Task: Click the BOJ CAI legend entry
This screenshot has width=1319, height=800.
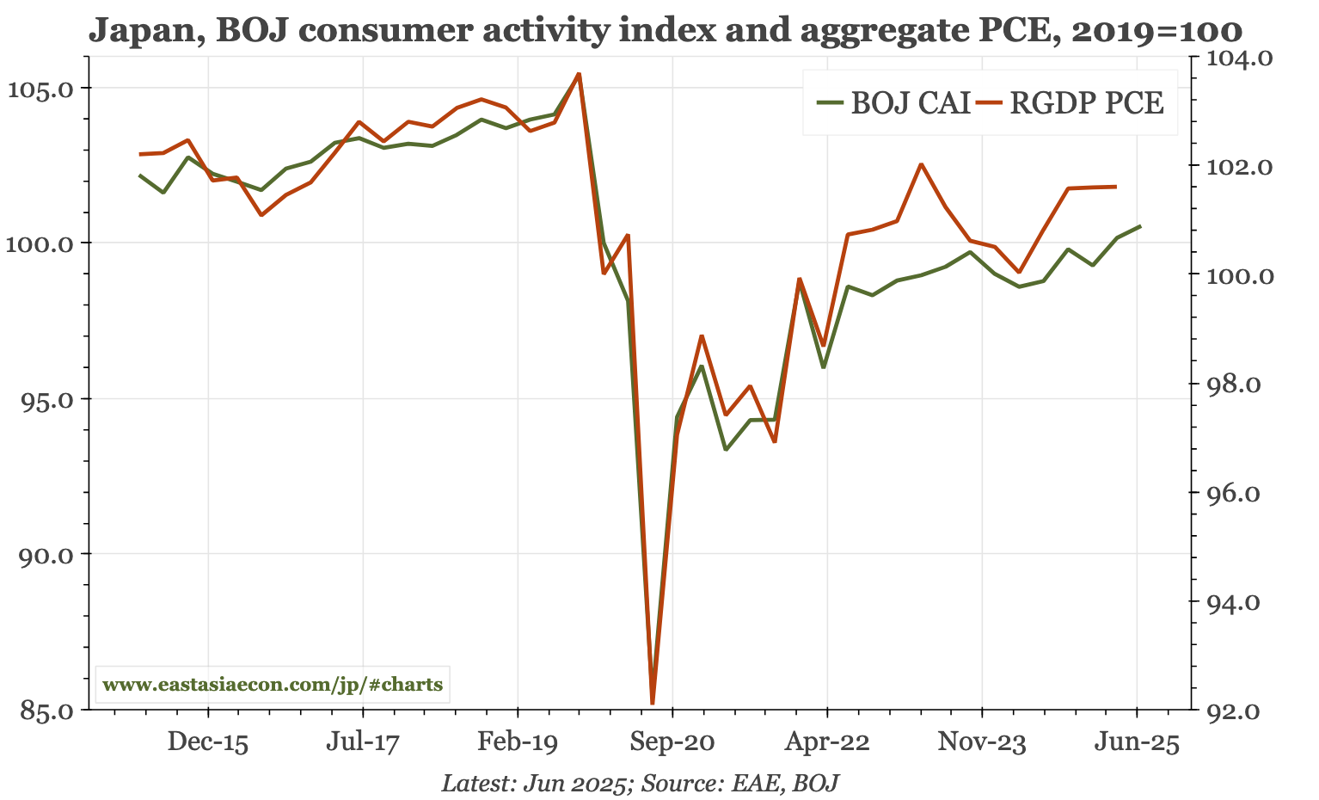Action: click(x=894, y=103)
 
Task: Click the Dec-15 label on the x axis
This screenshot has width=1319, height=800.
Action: click(x=208, y=742)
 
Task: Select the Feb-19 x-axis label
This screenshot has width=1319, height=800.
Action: click(x=518, y=742)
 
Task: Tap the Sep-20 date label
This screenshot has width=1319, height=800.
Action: click(x=672, y=742)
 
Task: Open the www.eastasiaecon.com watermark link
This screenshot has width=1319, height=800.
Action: click(x=273, y=686)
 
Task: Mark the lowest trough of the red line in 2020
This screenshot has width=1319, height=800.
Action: click(x=653, y=703)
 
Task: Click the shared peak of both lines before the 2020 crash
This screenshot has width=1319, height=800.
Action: click(x=579, y=74)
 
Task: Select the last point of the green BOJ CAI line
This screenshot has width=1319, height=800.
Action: click(x=1140, y=226)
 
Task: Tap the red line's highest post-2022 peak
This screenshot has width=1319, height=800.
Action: click(x=921, y=164)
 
